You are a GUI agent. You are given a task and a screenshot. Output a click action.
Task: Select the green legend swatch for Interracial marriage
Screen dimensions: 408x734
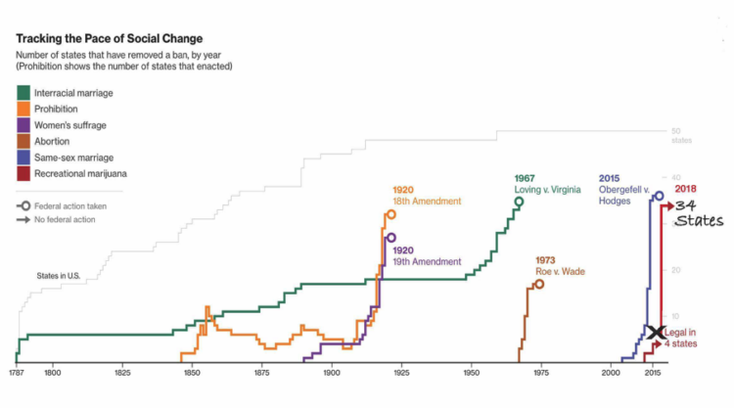click(23, 92)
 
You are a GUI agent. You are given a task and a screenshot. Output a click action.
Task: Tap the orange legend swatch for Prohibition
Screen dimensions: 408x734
click(23, 109)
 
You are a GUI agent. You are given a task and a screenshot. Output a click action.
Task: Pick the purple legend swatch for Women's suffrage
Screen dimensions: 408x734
click(23, 125)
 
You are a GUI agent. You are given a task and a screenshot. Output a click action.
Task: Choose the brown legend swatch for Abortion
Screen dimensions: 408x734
click(23, 141)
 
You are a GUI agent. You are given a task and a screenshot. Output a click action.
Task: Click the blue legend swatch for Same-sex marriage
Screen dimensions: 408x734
click(23, 158)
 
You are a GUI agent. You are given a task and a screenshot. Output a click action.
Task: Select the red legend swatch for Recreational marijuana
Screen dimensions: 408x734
click(23, 173)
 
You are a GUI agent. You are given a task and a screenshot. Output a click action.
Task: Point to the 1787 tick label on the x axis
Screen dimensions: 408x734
click(17, 373)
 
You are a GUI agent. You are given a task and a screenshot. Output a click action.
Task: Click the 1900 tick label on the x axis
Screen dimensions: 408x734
click(332, 373)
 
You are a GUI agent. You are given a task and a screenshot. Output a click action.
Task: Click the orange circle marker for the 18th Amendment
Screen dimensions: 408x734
click(390, 213)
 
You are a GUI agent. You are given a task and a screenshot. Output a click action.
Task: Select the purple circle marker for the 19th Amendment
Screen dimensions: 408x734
click(391, 238)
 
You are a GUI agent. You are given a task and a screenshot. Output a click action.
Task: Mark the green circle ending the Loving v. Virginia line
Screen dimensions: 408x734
click(519, 202)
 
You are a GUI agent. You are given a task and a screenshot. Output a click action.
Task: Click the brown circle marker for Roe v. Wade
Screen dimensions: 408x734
click(539, 284)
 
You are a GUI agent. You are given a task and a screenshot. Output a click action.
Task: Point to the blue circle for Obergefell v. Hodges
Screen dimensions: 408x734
click(659, 196)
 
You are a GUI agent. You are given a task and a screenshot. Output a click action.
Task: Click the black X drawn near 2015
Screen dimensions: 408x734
click(655, 334)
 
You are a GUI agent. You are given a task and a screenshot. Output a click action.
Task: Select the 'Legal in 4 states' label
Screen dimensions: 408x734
click(681, 339)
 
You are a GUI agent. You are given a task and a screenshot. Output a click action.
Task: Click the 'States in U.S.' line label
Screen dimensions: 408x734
click(58, 276)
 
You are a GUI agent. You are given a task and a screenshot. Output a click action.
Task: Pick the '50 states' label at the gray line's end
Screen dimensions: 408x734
click(681, 136)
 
